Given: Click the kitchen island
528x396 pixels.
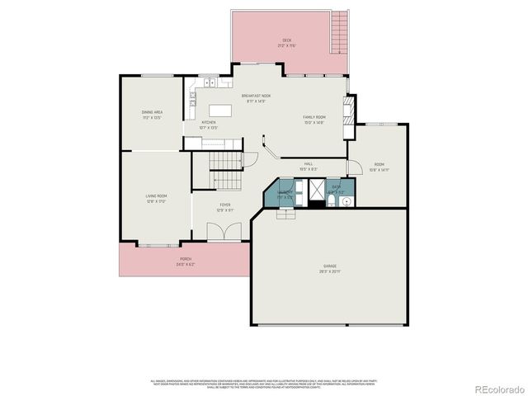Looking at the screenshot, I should [220, 110].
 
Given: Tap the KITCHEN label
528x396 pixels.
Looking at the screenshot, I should [209, 125].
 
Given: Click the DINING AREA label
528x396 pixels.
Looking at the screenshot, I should [152, 114].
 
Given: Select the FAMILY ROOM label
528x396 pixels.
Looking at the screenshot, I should [313, 120].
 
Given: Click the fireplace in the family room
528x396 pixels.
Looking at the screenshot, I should [349, 109].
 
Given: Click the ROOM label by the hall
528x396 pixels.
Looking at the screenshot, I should [379, 167].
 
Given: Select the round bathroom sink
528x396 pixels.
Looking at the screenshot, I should [347, 200].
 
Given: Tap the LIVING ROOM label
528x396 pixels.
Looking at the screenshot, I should [157, 198].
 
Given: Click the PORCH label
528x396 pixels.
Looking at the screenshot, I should [186, 262].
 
